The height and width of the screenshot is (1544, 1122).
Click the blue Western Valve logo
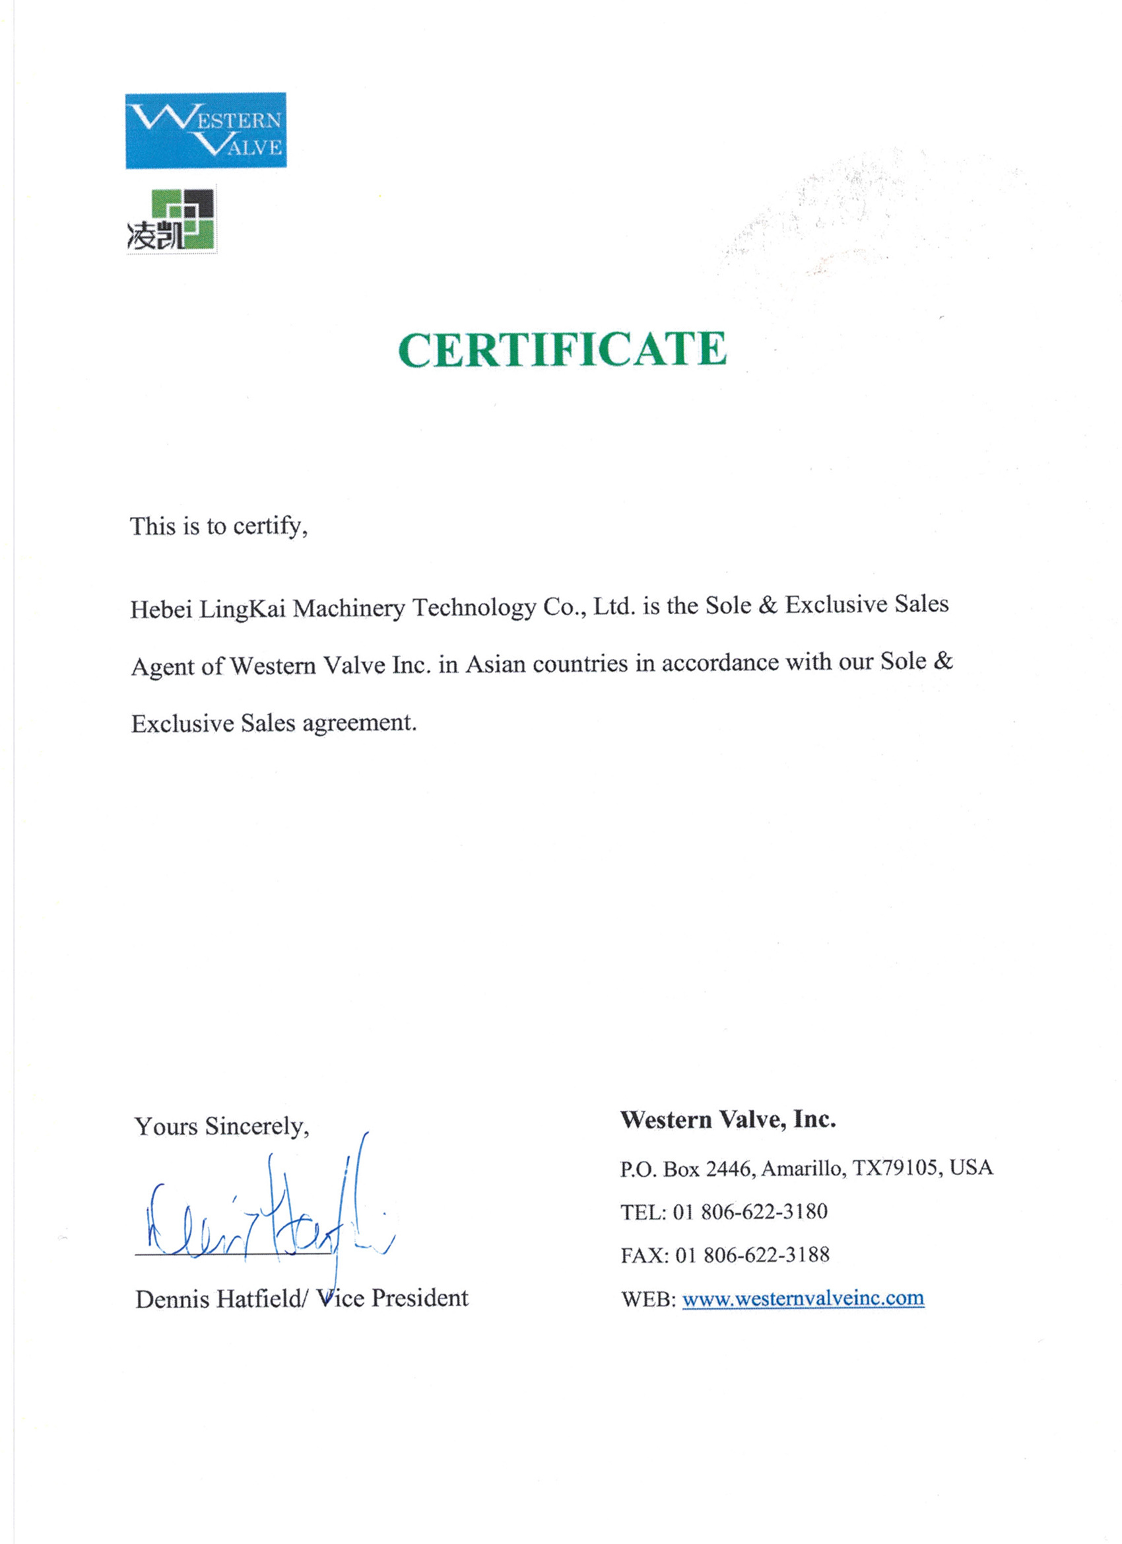[205, 130]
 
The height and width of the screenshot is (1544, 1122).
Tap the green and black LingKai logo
[172, 219]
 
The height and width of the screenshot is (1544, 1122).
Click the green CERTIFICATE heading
[562, 350]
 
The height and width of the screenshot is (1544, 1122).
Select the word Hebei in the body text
[160, 609]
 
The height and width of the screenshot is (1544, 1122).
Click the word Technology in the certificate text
[475, 606]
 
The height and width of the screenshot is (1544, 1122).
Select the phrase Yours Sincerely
[222, 1126]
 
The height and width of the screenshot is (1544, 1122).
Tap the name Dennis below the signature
[172, 1299]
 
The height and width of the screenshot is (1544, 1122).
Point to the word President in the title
[420, 1298]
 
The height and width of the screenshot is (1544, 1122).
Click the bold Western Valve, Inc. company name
[727, 1120]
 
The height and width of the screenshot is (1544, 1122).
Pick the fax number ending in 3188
[766, 1255]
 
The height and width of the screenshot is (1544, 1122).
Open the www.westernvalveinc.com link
[803, 1298]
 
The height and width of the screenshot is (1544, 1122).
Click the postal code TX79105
[897, 1168]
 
